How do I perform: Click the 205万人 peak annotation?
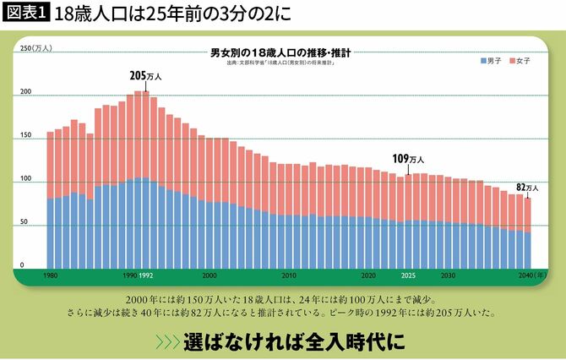coord(145,75)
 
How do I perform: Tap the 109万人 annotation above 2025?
coord(408,158)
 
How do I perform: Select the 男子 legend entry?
coord(493,62)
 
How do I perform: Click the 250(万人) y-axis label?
coord(35,48)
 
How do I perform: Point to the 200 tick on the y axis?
coord(25,92)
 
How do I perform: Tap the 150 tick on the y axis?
coord(25,135)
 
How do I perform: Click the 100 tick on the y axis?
coord(25,179)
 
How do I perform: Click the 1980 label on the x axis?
coord(51,275)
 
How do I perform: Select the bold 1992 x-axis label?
coord(145,275)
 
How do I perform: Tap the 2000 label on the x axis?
coord(209,275)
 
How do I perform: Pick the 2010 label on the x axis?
coord(289,275)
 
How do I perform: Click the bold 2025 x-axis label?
coord(408,275)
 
